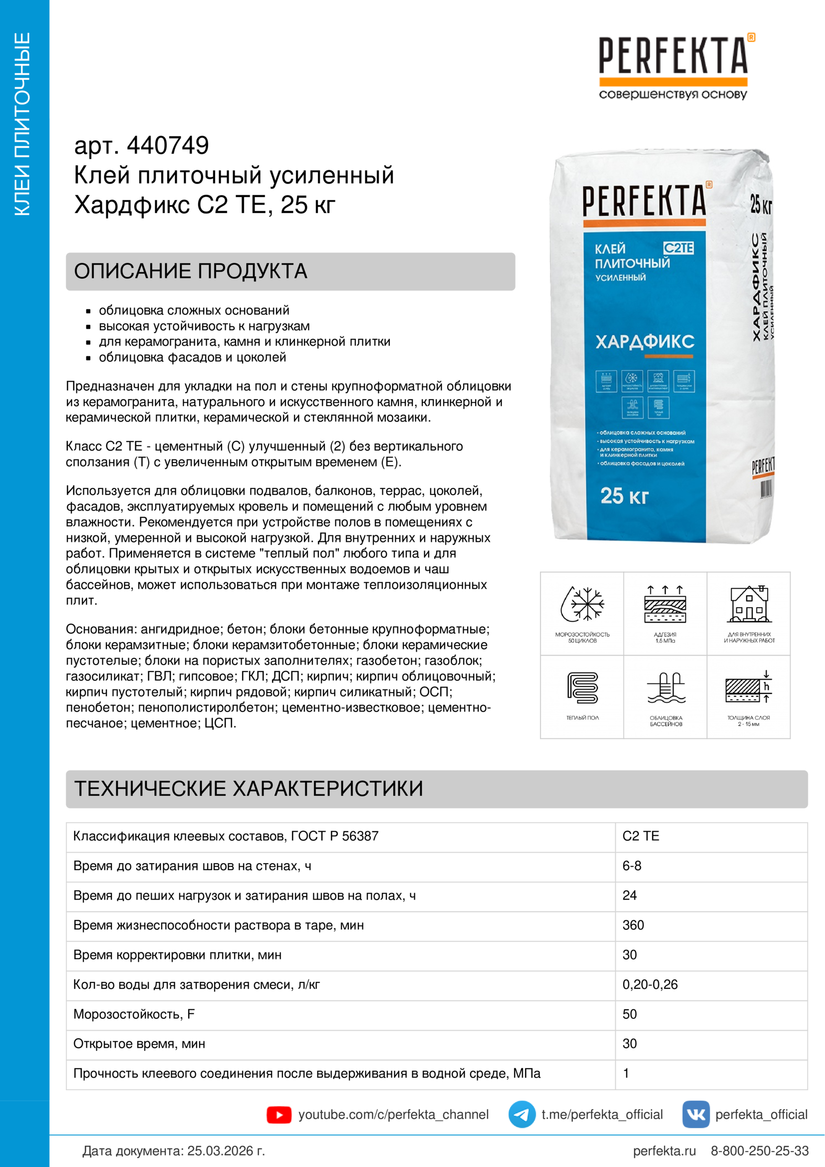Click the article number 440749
(167, 146)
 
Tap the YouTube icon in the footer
(278, 1115)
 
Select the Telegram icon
(522, 1114)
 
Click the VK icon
(695, 1114)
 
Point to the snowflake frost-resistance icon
(582, 604)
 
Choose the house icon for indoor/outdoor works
(749, 604)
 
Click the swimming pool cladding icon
(665, 688)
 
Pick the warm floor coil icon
(582, 688)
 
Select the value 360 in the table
(633, 925)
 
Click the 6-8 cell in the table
(632, 866)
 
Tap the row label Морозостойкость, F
(134, 1014)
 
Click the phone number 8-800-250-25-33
(760, 1151)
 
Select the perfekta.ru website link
(664, 1151)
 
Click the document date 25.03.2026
(226, 1151)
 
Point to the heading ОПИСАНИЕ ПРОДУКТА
(191, 271)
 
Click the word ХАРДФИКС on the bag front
(644, 342)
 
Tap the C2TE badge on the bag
(678, 248)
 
